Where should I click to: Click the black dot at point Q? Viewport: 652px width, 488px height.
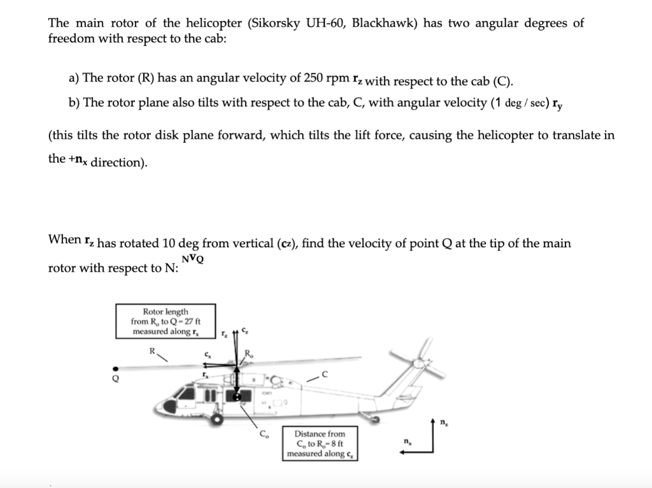coord(115,368)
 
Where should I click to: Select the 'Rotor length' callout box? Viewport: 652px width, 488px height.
coord(165,322)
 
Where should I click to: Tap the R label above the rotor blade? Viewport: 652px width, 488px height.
coord(152,350)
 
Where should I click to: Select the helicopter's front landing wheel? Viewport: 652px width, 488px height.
coord(218,419)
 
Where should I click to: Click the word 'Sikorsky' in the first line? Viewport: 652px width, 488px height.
coord(276,24)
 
